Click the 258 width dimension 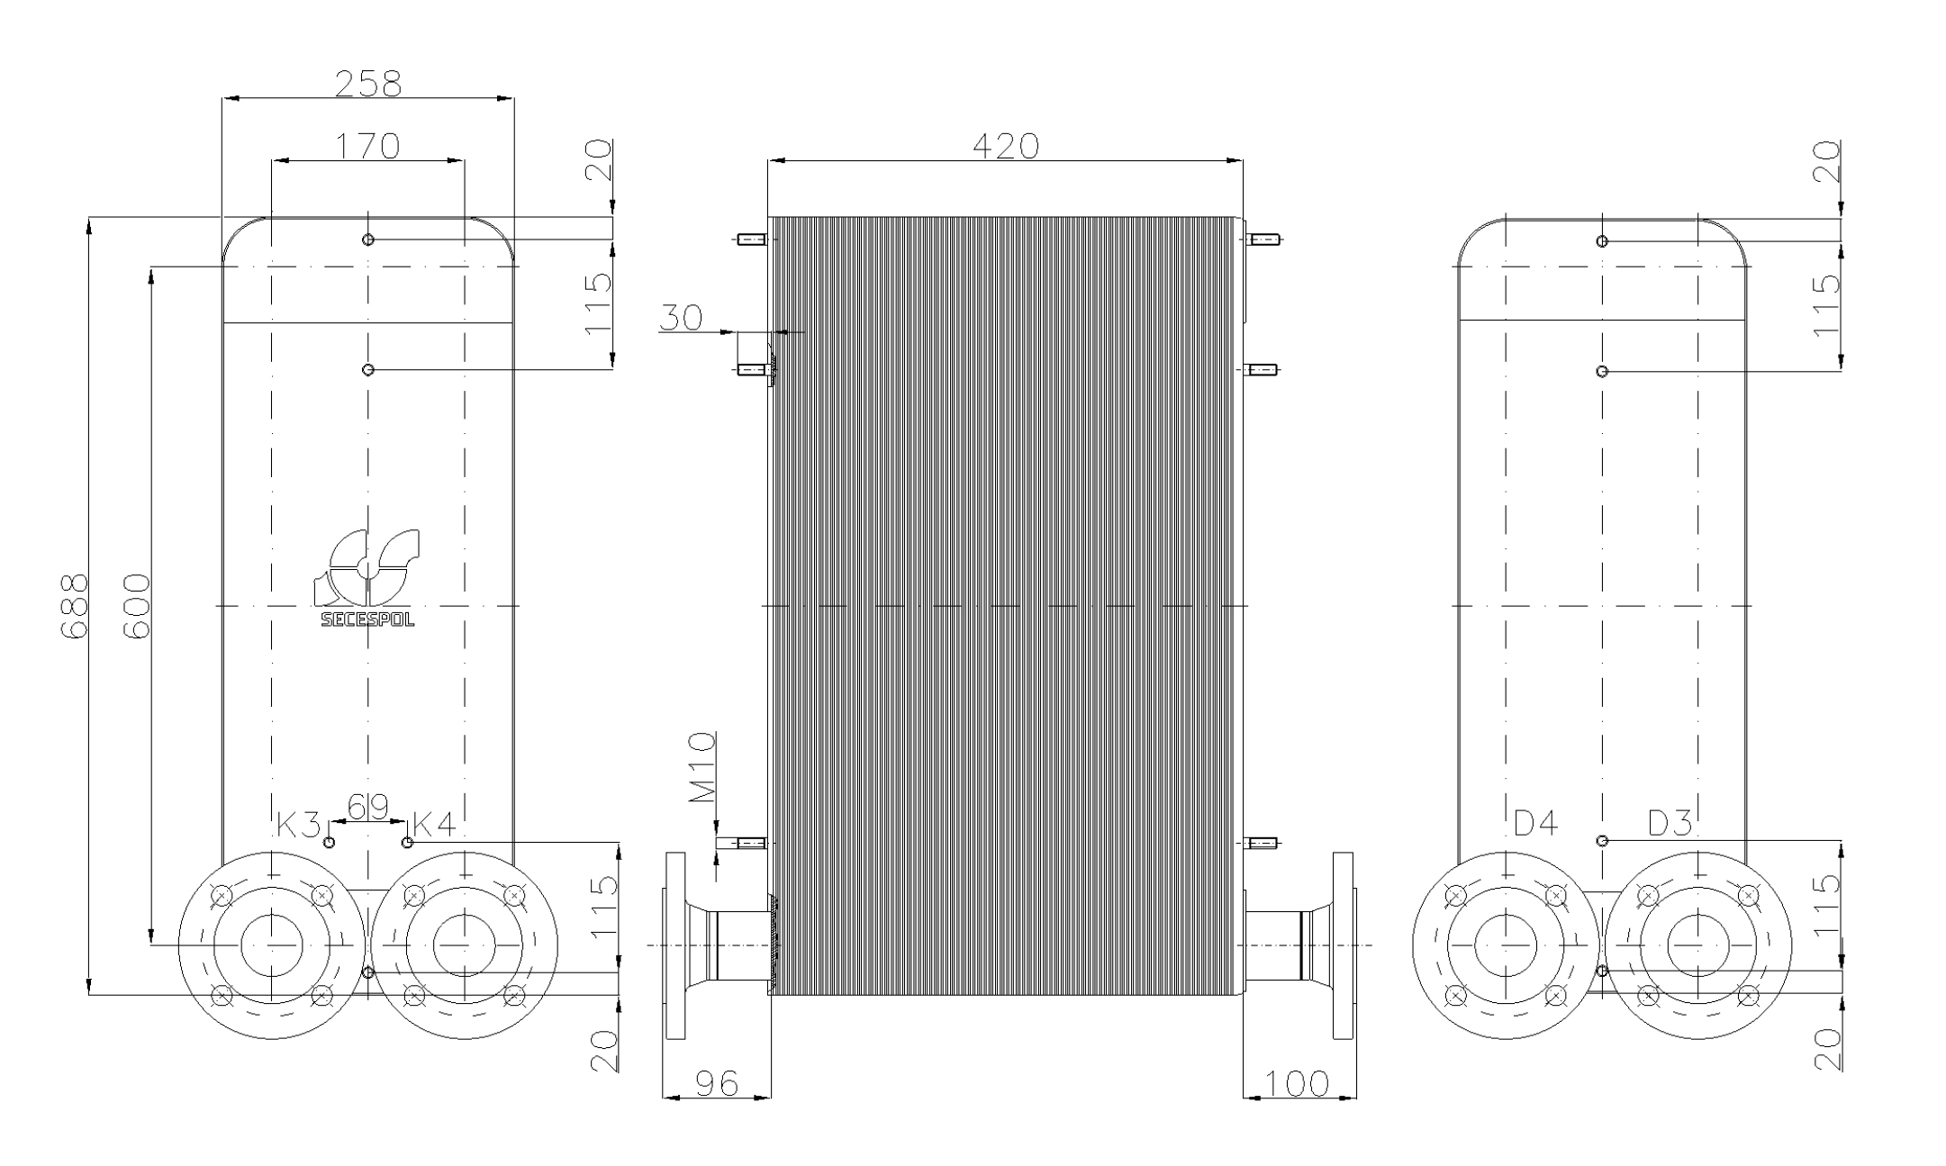click(367, 84)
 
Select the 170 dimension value click(367, 145)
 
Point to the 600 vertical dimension click(136, 605)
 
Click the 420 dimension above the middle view click(1005, 145)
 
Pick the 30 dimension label click(681, 318)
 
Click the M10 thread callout click(702, 767)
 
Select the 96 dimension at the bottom click(717, 1083)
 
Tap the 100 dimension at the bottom click(1297, 1083)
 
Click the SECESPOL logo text click(367, 619)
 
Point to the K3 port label click(297, 823)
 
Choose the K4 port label click(434, 823)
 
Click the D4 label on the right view click(1535, 822)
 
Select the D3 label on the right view click(1670, 822)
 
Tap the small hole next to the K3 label click(329, 843)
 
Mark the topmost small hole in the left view click(367, 240)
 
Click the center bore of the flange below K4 click(464, 945)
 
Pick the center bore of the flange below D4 click(1506, 945)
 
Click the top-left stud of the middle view click(751, 240)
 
